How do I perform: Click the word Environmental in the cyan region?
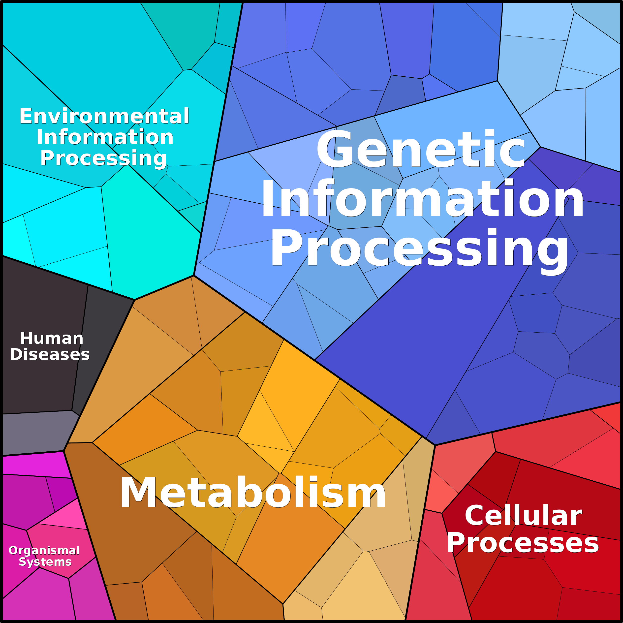click(104, 116)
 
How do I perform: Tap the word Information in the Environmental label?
click(105, 137)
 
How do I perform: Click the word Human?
click(52, 338)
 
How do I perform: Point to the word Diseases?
click(50, 354)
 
